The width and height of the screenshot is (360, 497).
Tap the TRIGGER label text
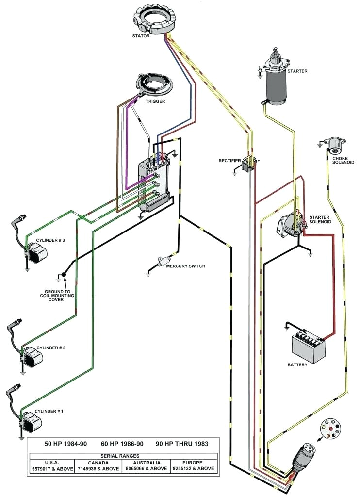pyautogui.click(x=155, y=101)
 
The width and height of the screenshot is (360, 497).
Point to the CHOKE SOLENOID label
pyautogui.click(x=343, y=160)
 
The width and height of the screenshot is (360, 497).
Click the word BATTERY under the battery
pyautogui.click(x=297, y=365)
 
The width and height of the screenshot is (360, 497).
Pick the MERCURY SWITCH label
pyautogui.click(x=185, y=266)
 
